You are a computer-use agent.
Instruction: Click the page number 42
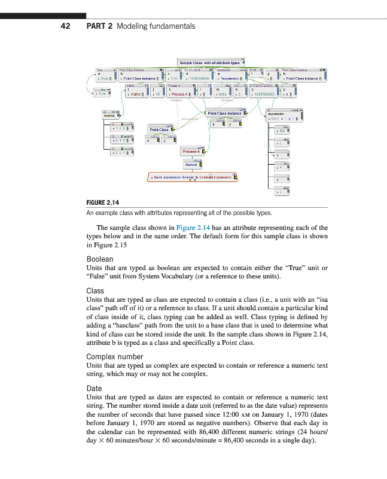[x=66, y=26]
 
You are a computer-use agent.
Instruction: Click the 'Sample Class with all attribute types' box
[x=209, y=62]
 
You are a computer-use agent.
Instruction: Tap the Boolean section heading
[x=99, y=259]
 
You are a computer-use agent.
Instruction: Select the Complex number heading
[x=115, y=356]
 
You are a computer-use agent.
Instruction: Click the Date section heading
[x=94, y=389]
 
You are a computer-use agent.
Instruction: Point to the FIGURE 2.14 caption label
[x=103, y=202]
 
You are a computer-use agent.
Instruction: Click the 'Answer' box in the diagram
[x=191, y=164]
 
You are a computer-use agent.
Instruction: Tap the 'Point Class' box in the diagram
[x=159, y=129]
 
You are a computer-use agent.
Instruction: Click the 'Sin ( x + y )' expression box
[x=280, y=119]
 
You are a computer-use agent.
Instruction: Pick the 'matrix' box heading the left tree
[x=109, y=115]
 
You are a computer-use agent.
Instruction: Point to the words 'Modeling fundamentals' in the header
[x=156, y=26]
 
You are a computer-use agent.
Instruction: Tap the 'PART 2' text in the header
[x=99, y=26]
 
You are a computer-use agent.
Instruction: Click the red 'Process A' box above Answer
[x=191, y=151]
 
